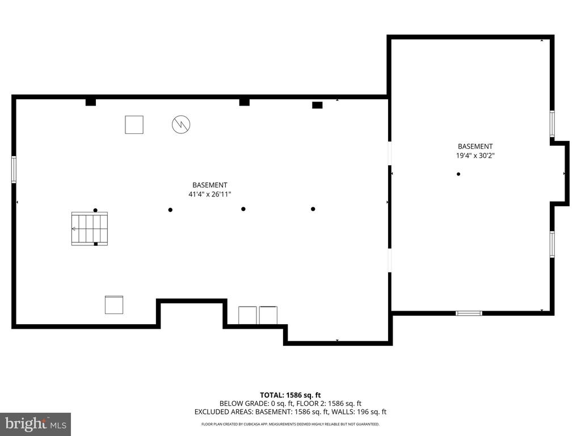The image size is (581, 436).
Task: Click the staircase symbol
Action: click(90, 229)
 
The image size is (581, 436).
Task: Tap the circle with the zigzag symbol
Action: click(181, 124)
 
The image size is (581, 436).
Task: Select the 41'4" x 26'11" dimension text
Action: click(210, 194)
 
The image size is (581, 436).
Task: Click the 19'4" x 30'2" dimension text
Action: click(475, 156)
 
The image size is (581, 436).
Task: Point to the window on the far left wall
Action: click(14, 169)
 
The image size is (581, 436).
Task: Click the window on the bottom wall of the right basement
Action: click(469, 313)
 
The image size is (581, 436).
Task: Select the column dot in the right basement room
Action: click(458, 174)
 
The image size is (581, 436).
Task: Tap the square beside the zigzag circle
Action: click(134, 124)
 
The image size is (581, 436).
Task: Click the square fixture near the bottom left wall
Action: click(113, 305)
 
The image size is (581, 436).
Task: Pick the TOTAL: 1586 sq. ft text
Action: click(290, 395)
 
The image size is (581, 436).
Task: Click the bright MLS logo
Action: click(36, 424)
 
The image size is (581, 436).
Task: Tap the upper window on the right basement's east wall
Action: click(552, 124)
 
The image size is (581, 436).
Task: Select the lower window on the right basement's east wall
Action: click(552, 244)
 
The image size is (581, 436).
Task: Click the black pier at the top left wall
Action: click(91, 102)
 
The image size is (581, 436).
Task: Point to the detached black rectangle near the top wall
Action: click(317, 105)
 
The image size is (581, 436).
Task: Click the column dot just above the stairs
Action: click(95, 210)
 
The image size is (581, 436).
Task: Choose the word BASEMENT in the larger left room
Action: click(210, 185)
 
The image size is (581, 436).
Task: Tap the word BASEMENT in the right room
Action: click(475, 146)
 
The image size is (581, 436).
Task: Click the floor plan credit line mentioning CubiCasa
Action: click(290, 424)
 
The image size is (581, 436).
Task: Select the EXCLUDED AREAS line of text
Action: click(290, 412)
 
